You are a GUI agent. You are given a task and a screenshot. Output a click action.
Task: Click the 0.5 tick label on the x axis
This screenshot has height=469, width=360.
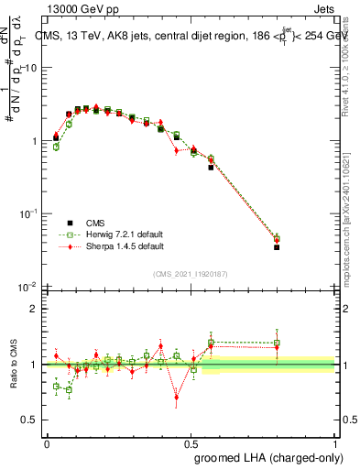click(x=191, y=442)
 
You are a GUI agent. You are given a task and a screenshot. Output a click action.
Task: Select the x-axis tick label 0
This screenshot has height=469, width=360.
click(x=47, y=442)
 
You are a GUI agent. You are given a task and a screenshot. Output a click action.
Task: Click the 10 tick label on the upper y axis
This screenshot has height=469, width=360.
click(x=30, y=68)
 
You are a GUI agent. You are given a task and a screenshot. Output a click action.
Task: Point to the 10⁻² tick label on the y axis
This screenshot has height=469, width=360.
click(x=28, y=287)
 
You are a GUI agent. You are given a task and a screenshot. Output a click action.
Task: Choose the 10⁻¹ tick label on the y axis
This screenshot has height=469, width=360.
click(x=28, y=213)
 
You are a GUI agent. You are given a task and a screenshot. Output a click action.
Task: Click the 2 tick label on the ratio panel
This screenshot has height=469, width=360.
click(x=35, y=309)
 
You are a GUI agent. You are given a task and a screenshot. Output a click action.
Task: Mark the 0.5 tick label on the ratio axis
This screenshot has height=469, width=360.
click(x=30, y=420)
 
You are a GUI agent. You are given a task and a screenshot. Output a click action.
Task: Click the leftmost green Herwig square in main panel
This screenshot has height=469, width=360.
click(x=56, y=147)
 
